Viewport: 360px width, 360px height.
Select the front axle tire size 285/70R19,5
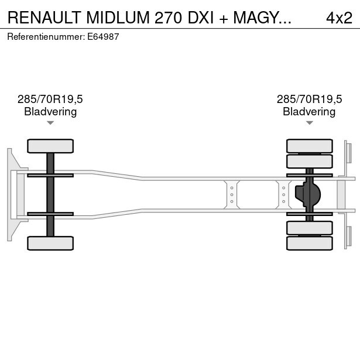coord(50,100)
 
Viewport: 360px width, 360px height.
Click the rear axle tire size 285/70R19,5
coord(309,100)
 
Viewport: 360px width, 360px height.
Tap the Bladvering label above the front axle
coord(50,111)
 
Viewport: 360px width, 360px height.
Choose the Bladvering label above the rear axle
coord(309,111)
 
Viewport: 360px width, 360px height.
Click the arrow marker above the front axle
coord(50,123)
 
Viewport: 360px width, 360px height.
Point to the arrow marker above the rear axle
coord(309,123)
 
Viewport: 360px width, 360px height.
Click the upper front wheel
coord(50,146)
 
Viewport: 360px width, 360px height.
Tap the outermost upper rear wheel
coord(309,146)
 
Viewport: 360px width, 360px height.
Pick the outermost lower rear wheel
coord(309,243)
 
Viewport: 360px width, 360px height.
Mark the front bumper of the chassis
coord(11,194)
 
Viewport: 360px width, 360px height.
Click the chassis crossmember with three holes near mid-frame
coord(232,194)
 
